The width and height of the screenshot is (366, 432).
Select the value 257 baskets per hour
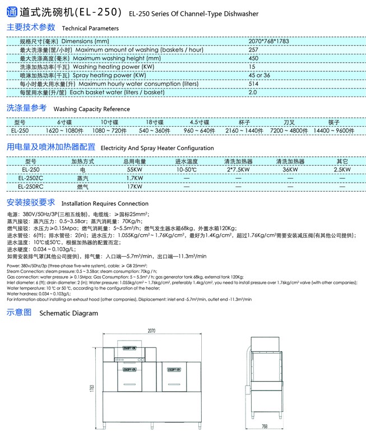tap(253, 50)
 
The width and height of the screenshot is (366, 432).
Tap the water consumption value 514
tap(253, 83)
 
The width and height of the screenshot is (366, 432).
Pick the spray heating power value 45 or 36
tap(259, 75)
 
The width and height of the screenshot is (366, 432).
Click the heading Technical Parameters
tap(90, 28)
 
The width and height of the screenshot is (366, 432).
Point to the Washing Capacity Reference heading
tap(91, 109)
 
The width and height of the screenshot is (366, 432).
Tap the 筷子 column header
tap(333, 122)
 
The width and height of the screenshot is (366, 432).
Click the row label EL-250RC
tap(30, 186)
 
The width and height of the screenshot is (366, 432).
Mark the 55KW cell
tap(135, 169)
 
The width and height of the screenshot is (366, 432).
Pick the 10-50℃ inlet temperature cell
tap(187, 169)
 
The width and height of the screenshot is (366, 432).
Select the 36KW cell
tap(290, 169)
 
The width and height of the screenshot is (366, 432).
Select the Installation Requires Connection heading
tap(104, 204)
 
